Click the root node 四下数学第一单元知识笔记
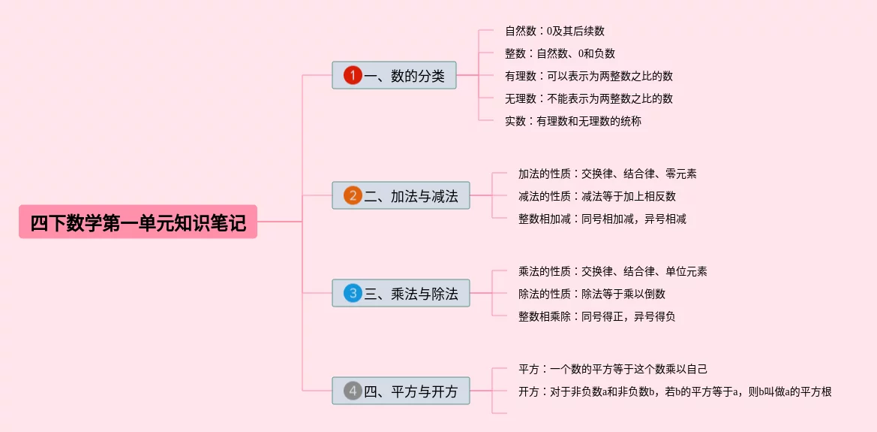pyautogui.click(x=138, y=222)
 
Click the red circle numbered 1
pyautogui.click(x=353, y=75)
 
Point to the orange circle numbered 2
pyautogui.click(x=353, y=196)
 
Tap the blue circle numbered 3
pyautogui.click(x=353, y=293)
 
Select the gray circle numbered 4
pyautogui.click(x=353, y=391)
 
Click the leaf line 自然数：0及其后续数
pyautogui.click(x=554, y=31)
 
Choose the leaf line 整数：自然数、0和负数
pyautogui.click(x=560, y=53)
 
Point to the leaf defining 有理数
pyautogui.click(x=588, y=76)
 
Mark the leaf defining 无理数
pyautogui.click(x=588, y=98)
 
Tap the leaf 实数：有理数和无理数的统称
pyautogui.click(x=573, y=121)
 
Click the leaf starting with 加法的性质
pyautogui.click(x=607, y=174)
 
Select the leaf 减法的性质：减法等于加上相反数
pyautogui.click(x=596, y=196)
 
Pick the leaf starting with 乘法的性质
pyautogui.click(x=612, y=271)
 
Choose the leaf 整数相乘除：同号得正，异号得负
pyautogui.click(x=596, y=316)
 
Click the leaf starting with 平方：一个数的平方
pyautogui.click(x=612, y=369)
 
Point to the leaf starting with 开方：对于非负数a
pyautogui.click(x=674, y=391)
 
